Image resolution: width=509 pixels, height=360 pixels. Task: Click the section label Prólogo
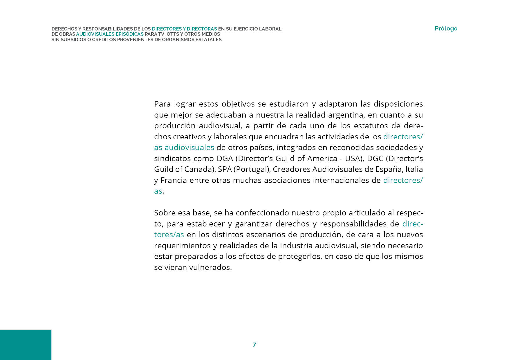(446, 28)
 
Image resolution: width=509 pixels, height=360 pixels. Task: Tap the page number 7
(254, 345)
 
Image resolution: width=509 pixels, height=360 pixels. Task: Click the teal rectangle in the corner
(26, 345)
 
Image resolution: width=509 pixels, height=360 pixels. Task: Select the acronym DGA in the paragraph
(225, 159)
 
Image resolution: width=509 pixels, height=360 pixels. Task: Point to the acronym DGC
(375, 159)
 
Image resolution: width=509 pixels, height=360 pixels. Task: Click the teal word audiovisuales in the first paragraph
(189, 147)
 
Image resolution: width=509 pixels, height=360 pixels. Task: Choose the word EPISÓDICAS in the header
(129, 34)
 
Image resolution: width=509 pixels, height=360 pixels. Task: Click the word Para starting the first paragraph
(162, 104)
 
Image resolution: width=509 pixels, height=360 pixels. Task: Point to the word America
(322, 159)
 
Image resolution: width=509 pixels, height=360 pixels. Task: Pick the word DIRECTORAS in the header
(202, 29)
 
